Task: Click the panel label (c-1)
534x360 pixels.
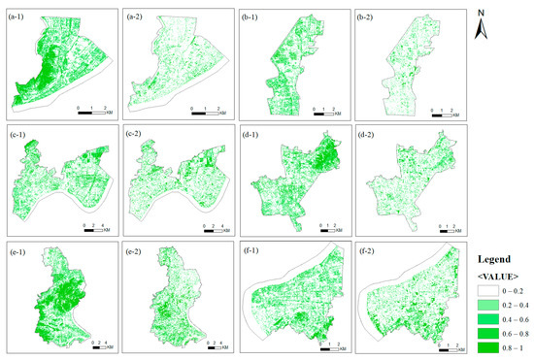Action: (x=21, y=134)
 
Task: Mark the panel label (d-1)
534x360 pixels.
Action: (x=254, y=134)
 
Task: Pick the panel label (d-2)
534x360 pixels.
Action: (x=371, y=134)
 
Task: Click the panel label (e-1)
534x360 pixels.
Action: (x=21, y=250)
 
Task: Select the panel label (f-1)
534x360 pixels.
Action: (x=254, y=250)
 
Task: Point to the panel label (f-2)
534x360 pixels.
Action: (x=371, y=250)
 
